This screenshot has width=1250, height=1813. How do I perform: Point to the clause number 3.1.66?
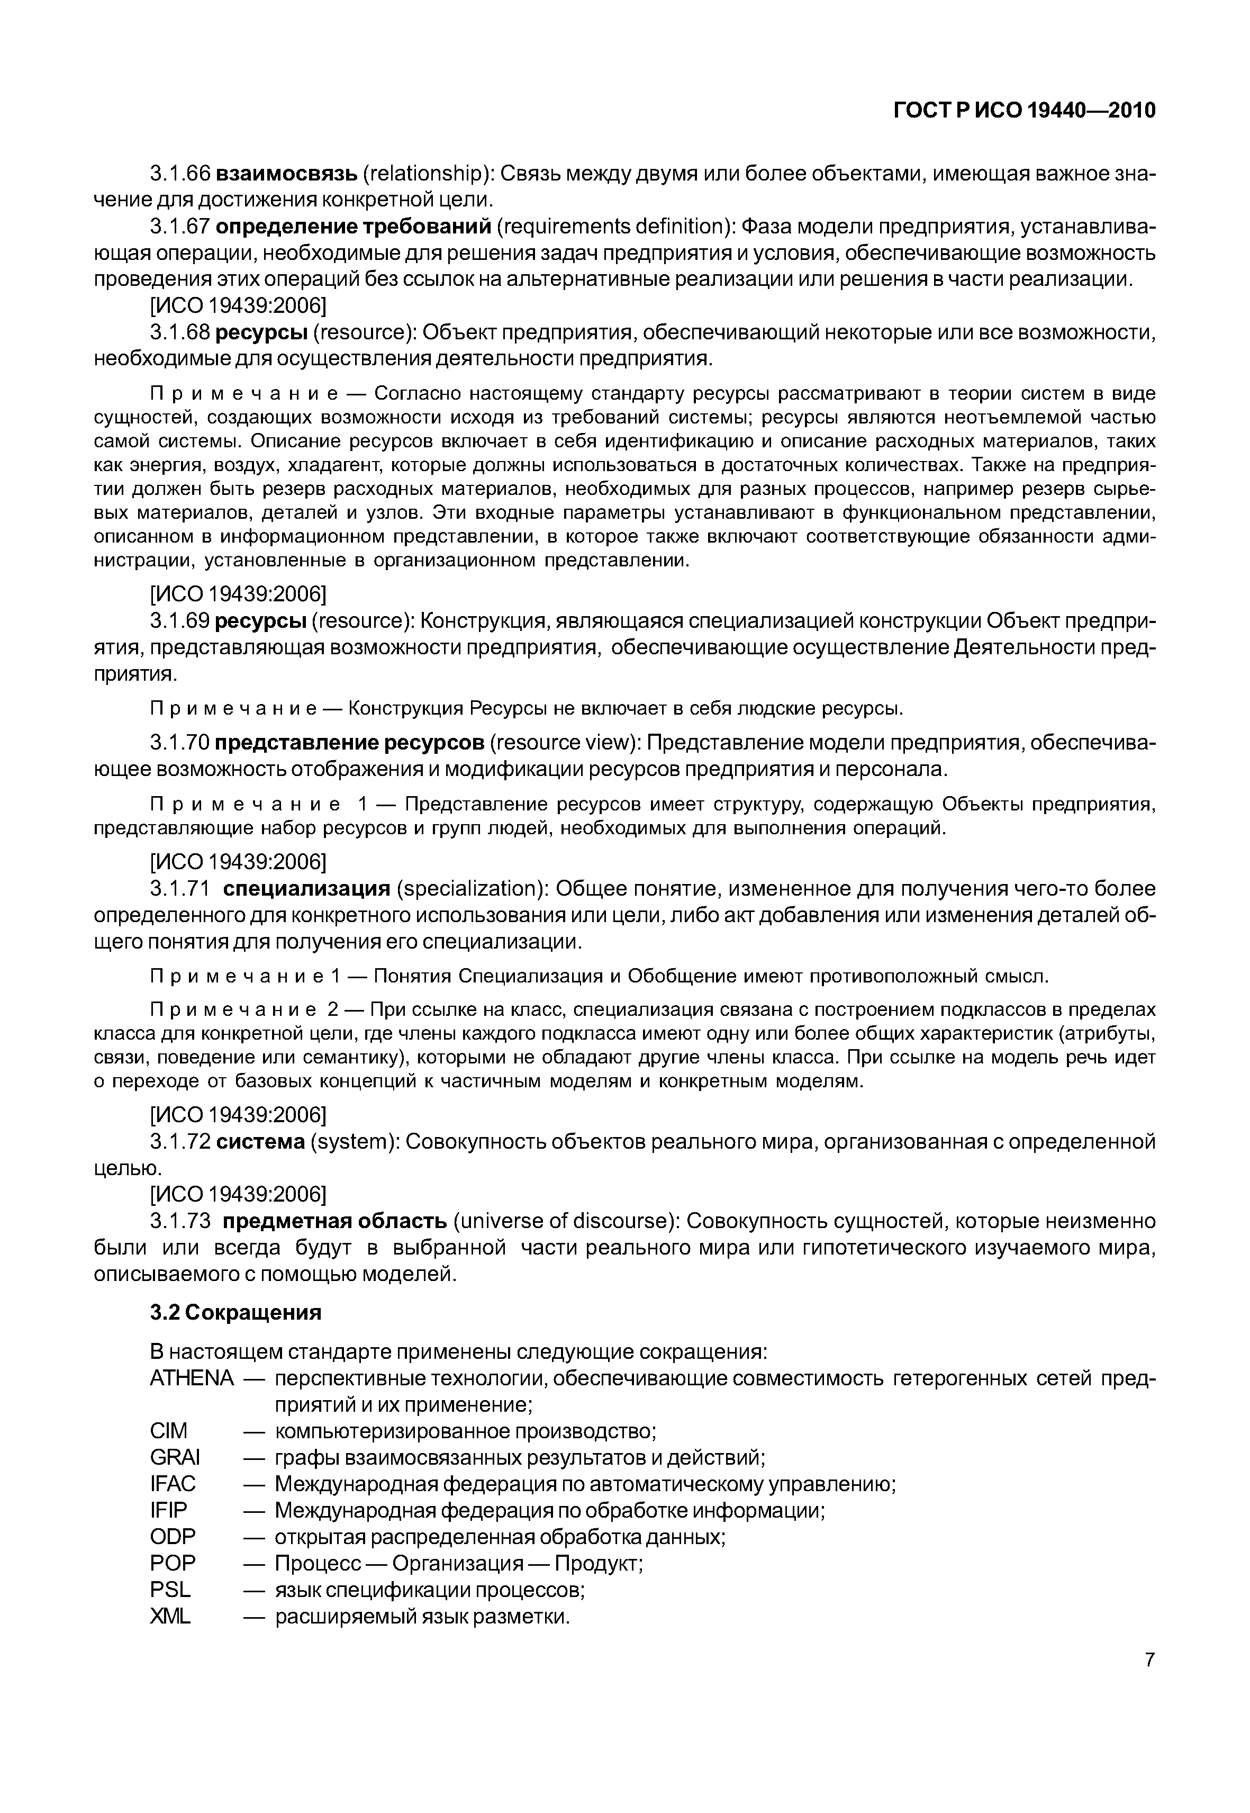click(179, 173)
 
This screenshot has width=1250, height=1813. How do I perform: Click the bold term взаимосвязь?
click(287, 173)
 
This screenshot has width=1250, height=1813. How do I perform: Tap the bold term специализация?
click(306, 889)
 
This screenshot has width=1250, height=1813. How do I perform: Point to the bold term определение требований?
click(352, 227)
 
